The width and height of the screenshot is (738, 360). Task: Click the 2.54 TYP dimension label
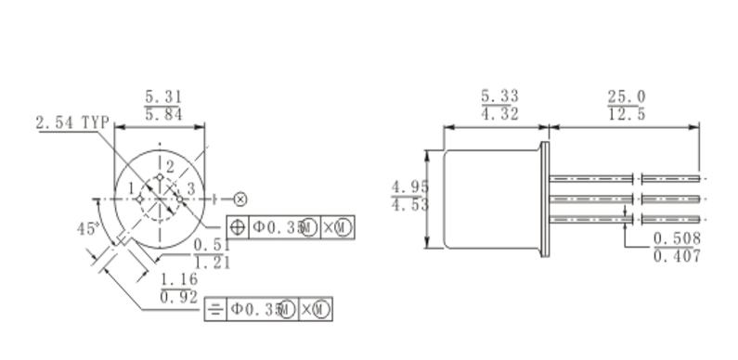click(x=72, y=122)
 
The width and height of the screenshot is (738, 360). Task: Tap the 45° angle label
click(x=88, y=228)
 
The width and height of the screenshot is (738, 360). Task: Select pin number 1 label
click(x=131, y=188)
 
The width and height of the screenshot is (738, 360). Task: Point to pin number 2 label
click(x=170, y=167)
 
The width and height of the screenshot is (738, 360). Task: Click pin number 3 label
click(x=190, y=189)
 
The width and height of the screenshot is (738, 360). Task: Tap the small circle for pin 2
click(x=160, y=177)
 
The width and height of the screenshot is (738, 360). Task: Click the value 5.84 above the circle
click(x=163, y=114)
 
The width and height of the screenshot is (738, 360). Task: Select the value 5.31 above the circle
click(x=163, y=96)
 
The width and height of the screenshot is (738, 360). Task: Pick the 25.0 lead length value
click(x=627, y=96)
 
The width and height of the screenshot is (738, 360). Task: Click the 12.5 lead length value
click(x=627, y=114)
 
